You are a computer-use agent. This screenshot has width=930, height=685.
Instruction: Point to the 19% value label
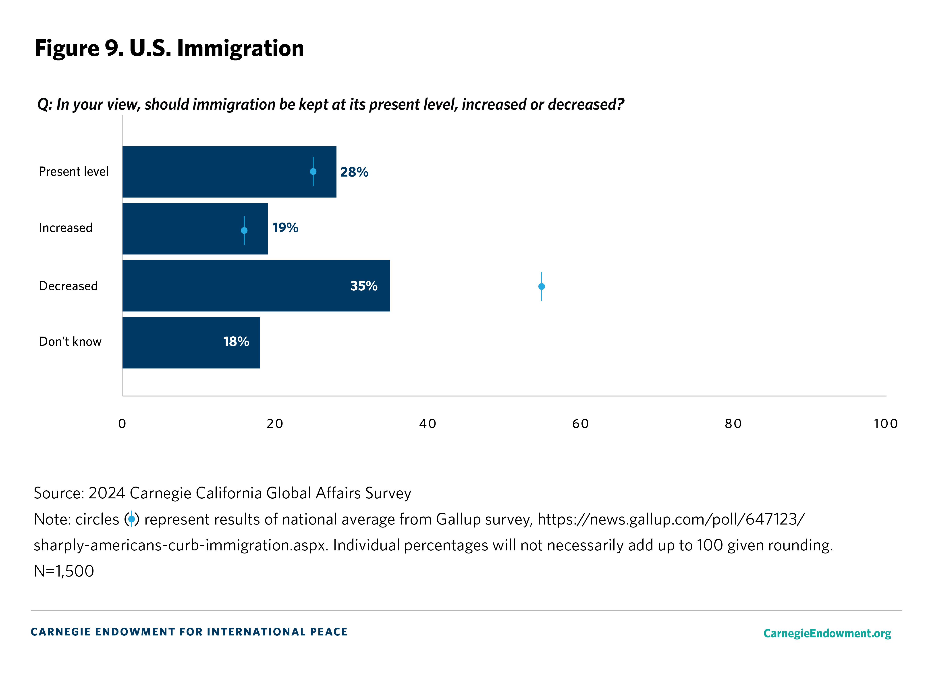tap(285, 228)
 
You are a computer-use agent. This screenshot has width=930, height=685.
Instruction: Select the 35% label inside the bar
tap(363, 286)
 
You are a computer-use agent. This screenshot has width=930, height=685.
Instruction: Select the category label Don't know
tap(70, 342)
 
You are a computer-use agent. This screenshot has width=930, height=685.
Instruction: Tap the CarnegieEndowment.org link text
tap(827, 633)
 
